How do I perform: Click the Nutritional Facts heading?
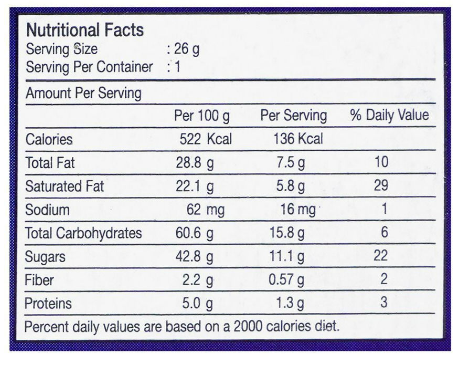84,30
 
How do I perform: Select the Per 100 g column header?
201,116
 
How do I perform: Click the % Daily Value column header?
389,116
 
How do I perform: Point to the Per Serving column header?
293,116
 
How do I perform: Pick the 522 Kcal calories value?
205,139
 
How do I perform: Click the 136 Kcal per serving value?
298,139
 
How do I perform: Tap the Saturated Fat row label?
65,186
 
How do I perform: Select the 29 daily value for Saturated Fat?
381,185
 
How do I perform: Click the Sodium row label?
47,210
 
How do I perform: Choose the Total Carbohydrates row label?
83,233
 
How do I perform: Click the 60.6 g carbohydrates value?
195,233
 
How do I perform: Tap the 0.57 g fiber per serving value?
286,280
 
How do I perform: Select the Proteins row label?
48,304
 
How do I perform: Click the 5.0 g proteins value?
198,304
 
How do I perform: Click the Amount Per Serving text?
83,93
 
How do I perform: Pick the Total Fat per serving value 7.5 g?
290,163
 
